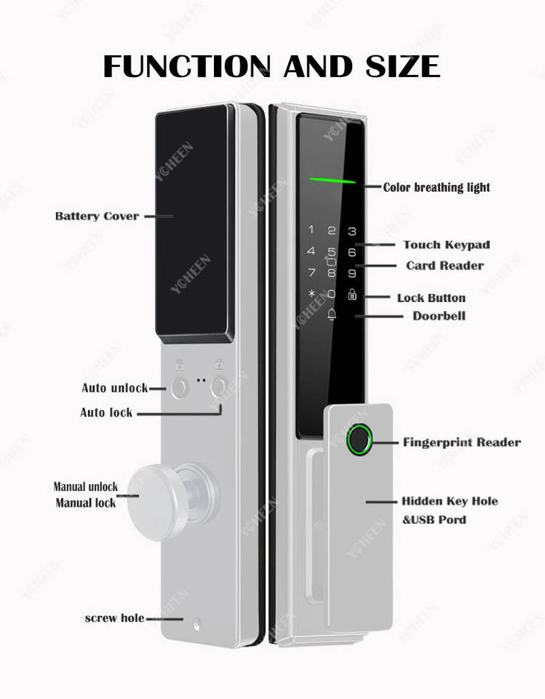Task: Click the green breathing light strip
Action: coord(333,180)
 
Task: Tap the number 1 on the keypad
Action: coord(311,229)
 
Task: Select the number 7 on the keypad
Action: coord(311,272)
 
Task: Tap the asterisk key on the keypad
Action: coord(312,293)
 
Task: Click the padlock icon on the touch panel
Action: coord(352,294)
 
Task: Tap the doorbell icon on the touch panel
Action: coord(332,314)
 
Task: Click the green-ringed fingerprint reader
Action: coord(359,440)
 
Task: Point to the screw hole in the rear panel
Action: coord(196,625)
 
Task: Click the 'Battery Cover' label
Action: coord(97,216)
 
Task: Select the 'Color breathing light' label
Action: coord(437,187)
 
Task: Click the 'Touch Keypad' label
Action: coord(447,245)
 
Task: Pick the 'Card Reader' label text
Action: coord(445,266)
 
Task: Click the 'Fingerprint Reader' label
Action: coord(461,442)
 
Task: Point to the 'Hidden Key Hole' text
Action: coord(450,501)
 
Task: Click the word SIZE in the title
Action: coord(402,66)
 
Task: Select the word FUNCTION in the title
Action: coord(187,66)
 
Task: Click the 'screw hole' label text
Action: coord(114,618)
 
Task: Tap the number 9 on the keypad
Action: coord(352,273)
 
